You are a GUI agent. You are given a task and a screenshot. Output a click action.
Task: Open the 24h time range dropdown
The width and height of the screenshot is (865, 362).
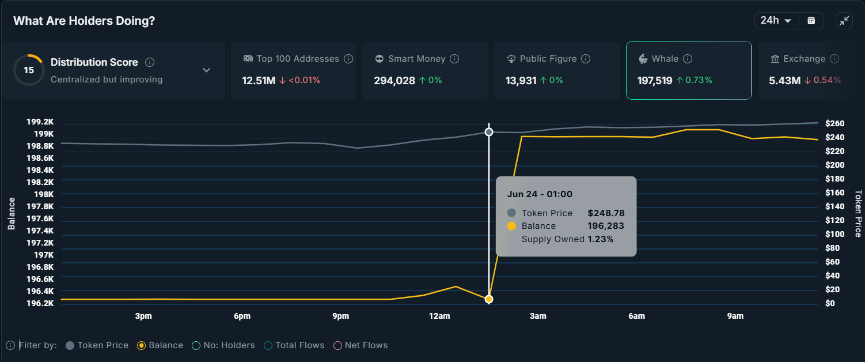coord(776,21)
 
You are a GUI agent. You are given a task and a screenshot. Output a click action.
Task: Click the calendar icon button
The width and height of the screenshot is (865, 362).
coord(811,21)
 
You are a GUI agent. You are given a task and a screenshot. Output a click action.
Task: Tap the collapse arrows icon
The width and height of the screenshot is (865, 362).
coord(844,21)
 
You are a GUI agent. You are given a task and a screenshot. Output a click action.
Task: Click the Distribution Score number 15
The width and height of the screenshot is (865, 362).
coord(29,70)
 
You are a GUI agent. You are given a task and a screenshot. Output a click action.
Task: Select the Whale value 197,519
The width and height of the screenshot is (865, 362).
coord(655,81)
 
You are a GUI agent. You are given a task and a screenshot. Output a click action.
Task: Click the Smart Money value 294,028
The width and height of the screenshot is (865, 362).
coord(394,81)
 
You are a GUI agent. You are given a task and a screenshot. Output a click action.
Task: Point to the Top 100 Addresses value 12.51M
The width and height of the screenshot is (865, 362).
coord(259,81)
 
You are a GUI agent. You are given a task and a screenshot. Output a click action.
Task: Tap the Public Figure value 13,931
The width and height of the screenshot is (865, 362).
coord(521,81)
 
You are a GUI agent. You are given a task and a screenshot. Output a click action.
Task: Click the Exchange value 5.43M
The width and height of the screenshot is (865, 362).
coord(784,81)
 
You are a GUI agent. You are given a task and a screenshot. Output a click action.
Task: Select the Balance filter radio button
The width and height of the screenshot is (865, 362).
coord(141,345)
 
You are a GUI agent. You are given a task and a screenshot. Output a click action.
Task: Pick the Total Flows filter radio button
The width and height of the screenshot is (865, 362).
coord(268,345)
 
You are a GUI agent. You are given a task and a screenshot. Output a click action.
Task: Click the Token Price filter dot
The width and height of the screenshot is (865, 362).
coord(70,345)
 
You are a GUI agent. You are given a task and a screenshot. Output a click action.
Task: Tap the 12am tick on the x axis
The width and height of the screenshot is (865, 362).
coord(439,316)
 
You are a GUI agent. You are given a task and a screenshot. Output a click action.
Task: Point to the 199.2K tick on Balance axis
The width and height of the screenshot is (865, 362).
coord(40,122)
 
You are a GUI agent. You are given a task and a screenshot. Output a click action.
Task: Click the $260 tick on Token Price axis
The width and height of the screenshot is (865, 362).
coord(834,123)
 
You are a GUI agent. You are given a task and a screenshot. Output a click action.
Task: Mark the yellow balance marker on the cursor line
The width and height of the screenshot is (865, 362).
coord(489,299)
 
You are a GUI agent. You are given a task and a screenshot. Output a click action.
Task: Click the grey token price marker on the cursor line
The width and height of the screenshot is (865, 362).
coord(489,132)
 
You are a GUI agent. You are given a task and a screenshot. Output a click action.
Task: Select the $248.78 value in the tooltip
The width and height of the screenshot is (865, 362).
coord(606,213)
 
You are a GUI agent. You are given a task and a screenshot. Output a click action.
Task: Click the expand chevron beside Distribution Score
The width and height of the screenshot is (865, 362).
coord(207,70)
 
